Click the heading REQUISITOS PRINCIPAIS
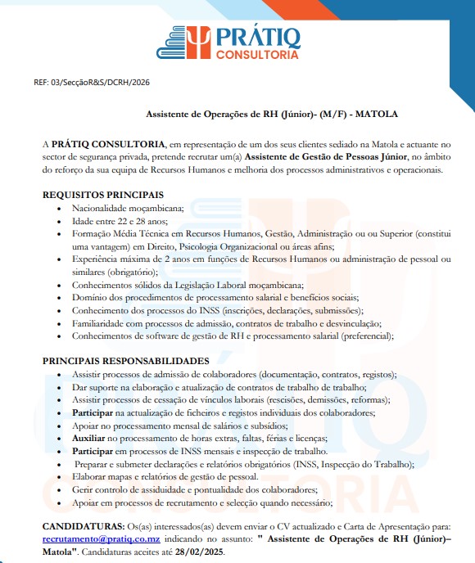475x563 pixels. point(102,195)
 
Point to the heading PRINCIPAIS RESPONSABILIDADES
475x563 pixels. point(125,361)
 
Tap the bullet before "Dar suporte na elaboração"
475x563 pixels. point(62,387)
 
